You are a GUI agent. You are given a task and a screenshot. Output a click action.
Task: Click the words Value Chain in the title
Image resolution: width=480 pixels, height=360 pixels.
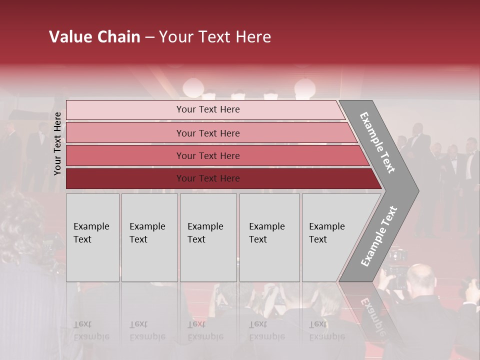pos(94,37)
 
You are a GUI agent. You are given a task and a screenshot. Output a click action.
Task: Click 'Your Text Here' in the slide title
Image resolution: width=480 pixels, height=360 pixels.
pos(215,37)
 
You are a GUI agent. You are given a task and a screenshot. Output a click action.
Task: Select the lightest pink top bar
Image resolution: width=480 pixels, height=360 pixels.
pos(125,110)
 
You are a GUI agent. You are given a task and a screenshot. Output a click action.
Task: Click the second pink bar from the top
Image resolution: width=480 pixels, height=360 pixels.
pos(125,133)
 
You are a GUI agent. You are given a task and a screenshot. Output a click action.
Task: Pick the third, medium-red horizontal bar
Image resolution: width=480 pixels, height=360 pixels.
pos(125,155)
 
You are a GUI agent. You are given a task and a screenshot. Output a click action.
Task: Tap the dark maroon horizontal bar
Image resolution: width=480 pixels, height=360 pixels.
pos(125,178)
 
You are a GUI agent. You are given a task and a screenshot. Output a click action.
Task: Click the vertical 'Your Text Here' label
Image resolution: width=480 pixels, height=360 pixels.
pos(57,143)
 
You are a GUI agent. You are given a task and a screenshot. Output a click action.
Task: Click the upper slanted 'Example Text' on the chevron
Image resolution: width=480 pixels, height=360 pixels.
pos(377,143)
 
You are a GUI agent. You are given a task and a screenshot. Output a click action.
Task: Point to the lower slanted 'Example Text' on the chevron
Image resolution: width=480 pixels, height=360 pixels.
pos(379,236)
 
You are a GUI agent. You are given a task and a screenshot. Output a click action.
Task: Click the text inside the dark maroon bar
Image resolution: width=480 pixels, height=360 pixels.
pos(208,178)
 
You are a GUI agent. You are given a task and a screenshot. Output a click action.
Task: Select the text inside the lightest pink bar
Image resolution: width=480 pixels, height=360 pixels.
pos(208,109)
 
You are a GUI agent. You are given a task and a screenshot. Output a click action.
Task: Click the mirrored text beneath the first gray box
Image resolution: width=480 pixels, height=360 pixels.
pos(91,330)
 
